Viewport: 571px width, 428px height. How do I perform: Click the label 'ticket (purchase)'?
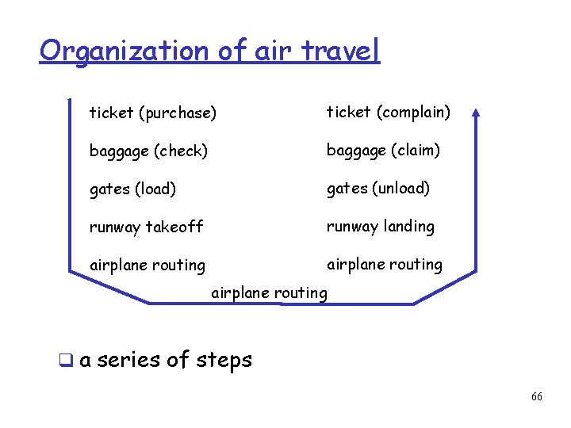(152, 113)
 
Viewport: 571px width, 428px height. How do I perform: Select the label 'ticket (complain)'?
(389, 112)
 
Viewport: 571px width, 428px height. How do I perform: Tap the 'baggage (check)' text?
(148, 151)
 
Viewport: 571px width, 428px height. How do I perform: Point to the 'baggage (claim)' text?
(383, 150)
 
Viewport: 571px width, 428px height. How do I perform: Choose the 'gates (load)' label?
(132, 189)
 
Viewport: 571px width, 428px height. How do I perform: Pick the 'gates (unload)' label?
(378, 188)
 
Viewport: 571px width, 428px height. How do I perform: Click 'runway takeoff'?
(146, 227)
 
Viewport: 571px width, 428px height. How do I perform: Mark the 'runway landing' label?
(381, 227)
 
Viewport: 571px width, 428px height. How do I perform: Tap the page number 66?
(537, 396)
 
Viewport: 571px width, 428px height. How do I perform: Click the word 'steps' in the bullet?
(221, 360)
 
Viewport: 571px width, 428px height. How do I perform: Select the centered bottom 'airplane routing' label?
(269, 293)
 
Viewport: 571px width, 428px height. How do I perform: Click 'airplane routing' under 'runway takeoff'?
(148, 266)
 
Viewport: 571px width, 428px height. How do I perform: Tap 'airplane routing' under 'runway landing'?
(385, 264)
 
